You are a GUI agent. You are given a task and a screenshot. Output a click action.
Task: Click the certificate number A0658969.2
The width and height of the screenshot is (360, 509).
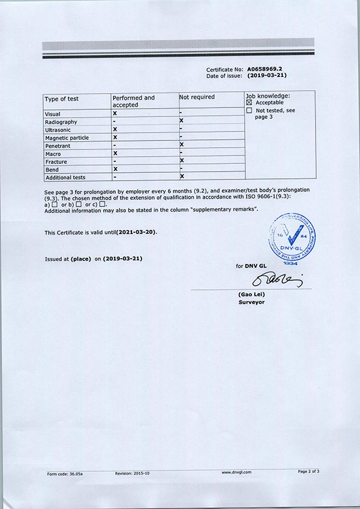tap(265, 70)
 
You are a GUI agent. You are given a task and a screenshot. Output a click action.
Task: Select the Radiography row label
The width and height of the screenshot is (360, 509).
tap(61, 122)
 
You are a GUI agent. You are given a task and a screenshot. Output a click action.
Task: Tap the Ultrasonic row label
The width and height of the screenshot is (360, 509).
tap(58, 130)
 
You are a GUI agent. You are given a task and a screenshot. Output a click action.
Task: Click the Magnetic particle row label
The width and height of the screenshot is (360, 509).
tap(67, 137)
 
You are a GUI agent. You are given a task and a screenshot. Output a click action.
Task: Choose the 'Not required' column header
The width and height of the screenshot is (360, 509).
tap(197, 97)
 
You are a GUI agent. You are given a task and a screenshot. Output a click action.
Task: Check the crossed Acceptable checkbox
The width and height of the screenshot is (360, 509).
tap(250, 103)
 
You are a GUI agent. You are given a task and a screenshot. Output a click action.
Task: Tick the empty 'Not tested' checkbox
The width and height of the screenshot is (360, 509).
tap(250, 110)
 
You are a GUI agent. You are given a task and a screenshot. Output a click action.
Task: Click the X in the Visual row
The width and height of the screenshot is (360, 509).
tap(115, 113)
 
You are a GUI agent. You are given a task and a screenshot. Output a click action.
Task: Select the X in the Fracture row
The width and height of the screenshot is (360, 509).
tap(181, 161)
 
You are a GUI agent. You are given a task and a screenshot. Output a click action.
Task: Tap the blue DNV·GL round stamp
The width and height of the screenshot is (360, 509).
tap(291, 236)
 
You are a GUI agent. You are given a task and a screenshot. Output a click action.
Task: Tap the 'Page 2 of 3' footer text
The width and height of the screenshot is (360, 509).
tap(308, 471)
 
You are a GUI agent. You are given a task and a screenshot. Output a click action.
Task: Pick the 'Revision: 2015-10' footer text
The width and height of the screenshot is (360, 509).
tap(132, 473)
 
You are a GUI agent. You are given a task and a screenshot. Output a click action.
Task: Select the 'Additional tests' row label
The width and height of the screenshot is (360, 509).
tap(65, 177)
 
